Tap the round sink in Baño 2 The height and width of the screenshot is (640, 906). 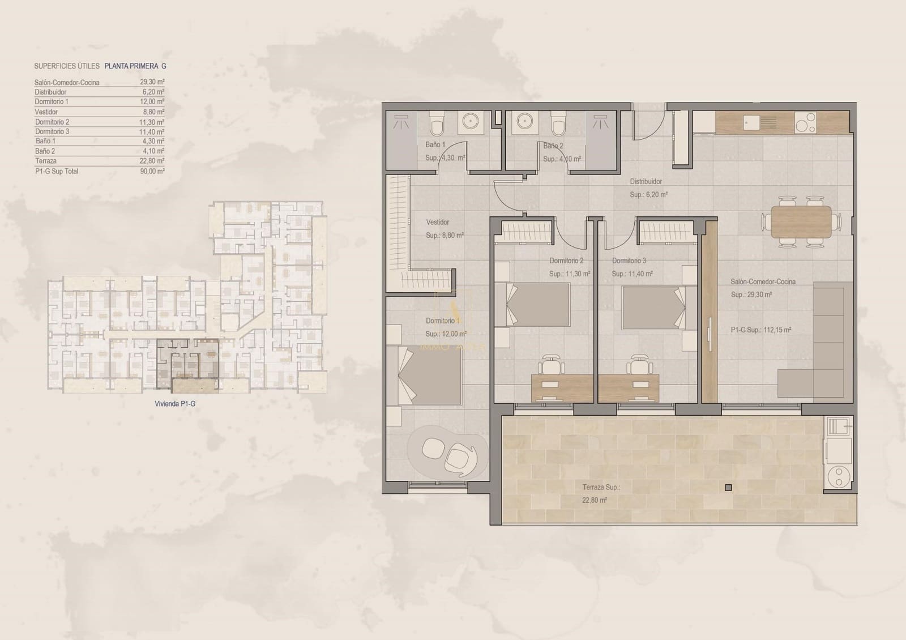[523, 122]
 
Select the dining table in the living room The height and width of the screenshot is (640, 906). [801, 221]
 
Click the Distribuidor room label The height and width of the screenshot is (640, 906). [646, 182]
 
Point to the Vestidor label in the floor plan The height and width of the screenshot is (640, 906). [438, 223]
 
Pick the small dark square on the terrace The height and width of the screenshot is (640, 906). [728, 488]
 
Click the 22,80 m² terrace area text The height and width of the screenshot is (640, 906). [595, 501]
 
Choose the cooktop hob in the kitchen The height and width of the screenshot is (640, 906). [806, 122]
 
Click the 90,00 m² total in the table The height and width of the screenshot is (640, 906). [152, 171]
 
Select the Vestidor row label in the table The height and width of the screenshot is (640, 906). [46, 112]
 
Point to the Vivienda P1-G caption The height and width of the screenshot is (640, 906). [175, 404]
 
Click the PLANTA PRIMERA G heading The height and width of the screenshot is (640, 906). [135, 66]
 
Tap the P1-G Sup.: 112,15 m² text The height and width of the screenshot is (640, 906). [760, 330]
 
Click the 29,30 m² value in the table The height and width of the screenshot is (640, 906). [152, 82]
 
